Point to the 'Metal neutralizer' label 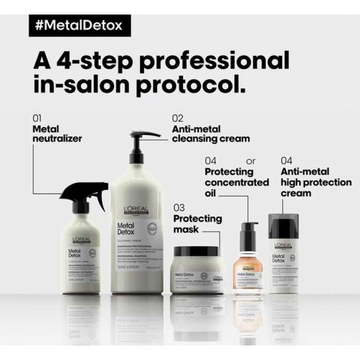pyautogui.click(x=57, y=133)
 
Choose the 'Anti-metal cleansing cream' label pyautogui.click(x=210, y=134)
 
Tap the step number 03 pyautogui.click(x=179, y=208)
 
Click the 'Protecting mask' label pyautogui.click(x=197, y=224)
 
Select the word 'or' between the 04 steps pyautogui.click(x=251, y=161)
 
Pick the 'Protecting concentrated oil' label pyautogui.click(x=236, y=182)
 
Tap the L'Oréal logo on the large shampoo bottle pyautogui.click(x=136, y=210)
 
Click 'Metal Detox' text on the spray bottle pyautogui.click(x=75, y=254)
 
